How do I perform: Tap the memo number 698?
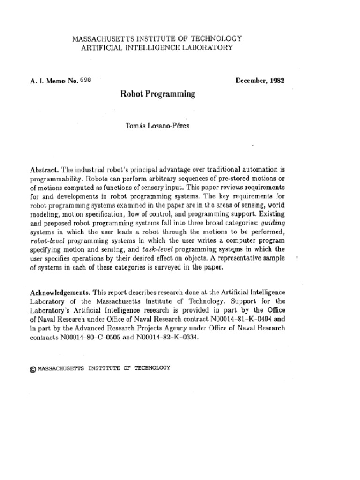(84, 80)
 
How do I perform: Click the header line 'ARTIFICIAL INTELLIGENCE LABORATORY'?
(156, 47)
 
